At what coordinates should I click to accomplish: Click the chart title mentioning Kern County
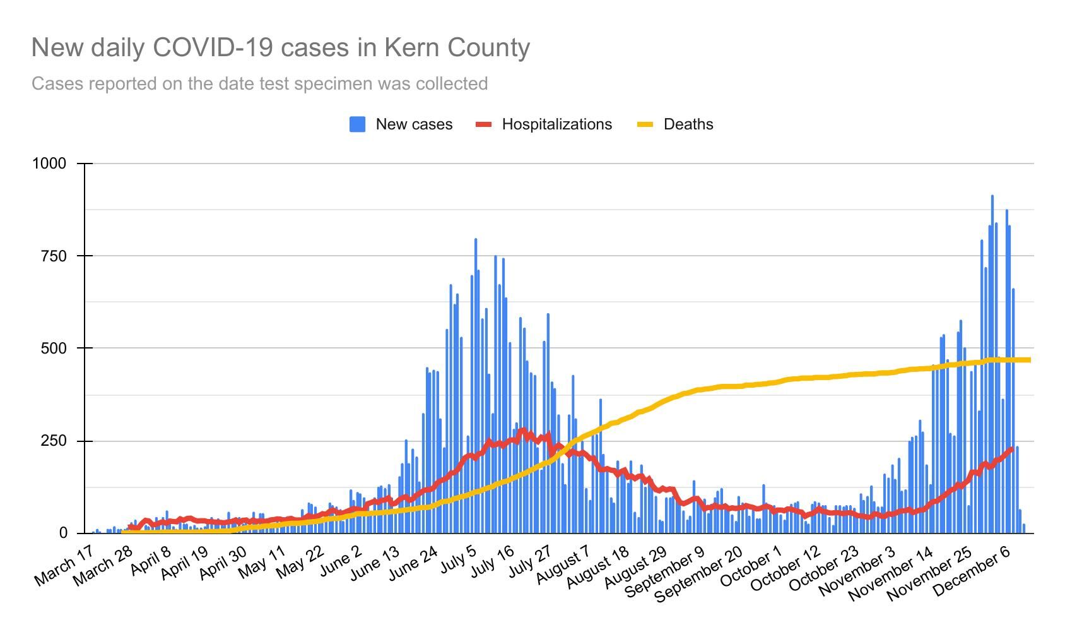point(281,48)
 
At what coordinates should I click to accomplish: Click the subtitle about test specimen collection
point(259,83)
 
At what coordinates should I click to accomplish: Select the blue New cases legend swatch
point(357,124)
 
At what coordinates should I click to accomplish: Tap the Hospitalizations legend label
point(556,124)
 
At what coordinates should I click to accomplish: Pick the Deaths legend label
point(688,124)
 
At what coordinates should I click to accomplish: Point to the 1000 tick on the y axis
point(49,164)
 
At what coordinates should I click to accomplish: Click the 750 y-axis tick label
point(54,256)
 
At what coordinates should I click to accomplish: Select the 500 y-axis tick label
point(54,349)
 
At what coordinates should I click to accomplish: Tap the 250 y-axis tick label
point(54,441)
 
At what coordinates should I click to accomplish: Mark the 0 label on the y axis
point(62,534)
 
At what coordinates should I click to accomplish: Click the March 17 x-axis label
point(64,568)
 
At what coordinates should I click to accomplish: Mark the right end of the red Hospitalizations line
point(1012,449)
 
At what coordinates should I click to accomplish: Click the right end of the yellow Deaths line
point(1030,360)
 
